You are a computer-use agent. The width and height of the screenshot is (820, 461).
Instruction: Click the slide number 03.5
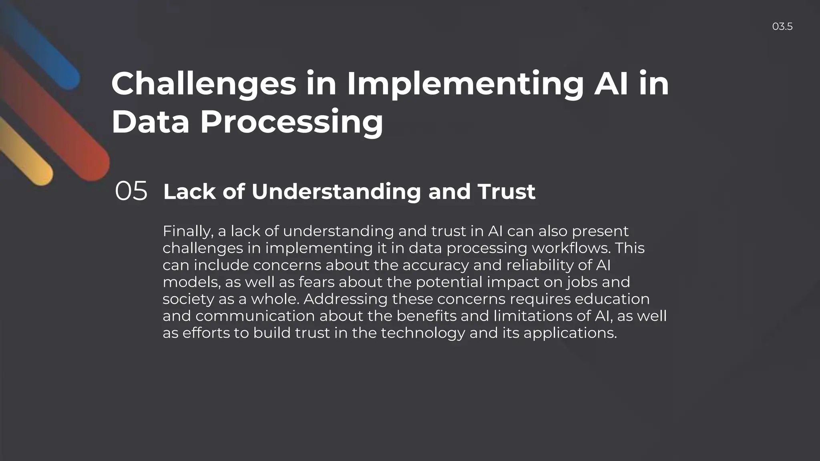(x=782, y=27)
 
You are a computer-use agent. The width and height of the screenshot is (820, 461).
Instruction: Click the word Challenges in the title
(x=203, y=84)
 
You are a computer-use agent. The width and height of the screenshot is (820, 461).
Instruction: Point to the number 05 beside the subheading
(x=131, y=191)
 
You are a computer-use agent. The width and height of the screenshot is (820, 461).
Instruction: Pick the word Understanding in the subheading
(x=336, y=192)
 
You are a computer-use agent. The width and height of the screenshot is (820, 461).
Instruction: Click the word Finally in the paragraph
(x=188, y=231)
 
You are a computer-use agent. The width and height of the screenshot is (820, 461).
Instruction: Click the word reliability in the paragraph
(x=540, y=265)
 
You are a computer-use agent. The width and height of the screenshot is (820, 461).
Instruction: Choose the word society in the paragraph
(x=188, y=299)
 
